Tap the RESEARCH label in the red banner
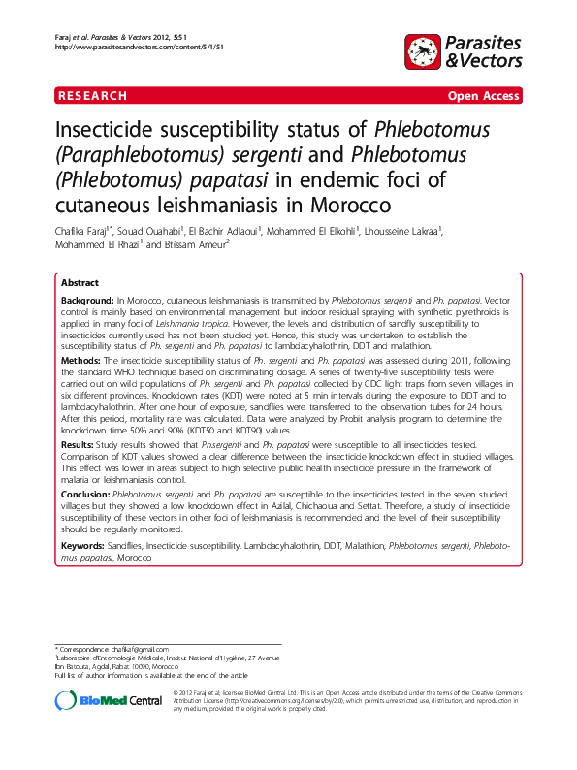(x=93, y=96)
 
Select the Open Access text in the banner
(x=483, y=96)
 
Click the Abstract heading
(x=80, y=282)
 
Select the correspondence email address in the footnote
(x=142, y=649)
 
